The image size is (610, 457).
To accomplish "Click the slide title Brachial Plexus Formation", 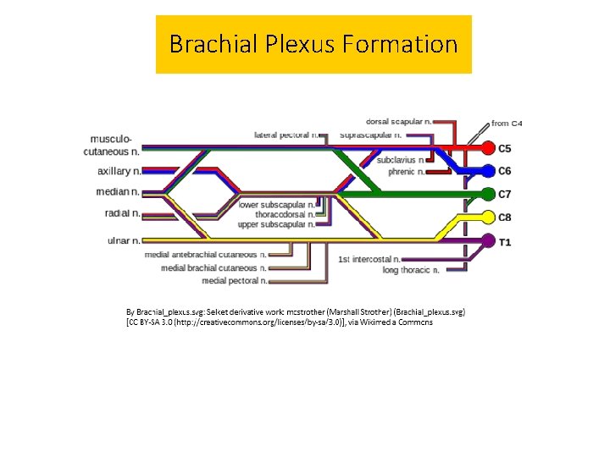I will (x=313, y=44).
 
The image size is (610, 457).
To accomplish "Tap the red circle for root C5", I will (x=488, y=148).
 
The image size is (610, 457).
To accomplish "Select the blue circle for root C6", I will (x=488, y=171).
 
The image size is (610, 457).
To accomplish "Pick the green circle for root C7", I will (x=488, y=194).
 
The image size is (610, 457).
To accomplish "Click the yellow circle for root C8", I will (x=488, y=217).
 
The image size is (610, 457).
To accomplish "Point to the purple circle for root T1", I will (x=488, y=241).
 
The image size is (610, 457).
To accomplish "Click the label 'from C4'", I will (x=507, y=124).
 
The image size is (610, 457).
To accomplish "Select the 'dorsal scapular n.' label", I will (x=402, y=122).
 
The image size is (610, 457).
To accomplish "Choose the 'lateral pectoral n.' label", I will (x=287, y=135).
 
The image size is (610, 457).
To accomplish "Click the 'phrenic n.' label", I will (x=401, y=172).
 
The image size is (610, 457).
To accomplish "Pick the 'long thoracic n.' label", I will (x=410, y=270).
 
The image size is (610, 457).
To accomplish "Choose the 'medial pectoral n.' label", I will (x=235, y=280).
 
